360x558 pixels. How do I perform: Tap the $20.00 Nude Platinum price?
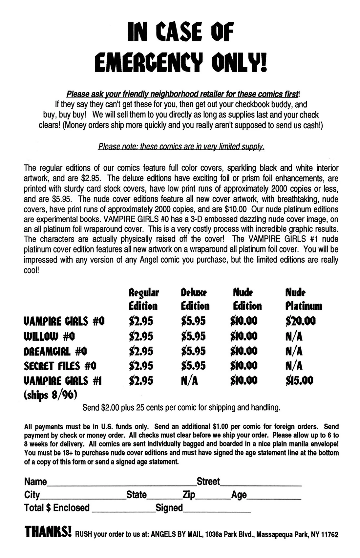[300, 321]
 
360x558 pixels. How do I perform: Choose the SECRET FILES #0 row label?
[60, 366]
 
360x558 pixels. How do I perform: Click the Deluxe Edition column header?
[195, 299]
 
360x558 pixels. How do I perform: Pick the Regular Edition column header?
[143, 299]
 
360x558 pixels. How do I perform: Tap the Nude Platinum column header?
[304, 299]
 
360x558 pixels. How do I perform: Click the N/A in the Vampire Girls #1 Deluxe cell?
[189, 380]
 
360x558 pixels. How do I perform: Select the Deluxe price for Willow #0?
[193, 336]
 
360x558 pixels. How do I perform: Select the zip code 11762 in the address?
[329, 534]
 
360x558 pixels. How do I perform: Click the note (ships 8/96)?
[50, 395]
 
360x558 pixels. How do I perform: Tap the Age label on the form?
[239, 495]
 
